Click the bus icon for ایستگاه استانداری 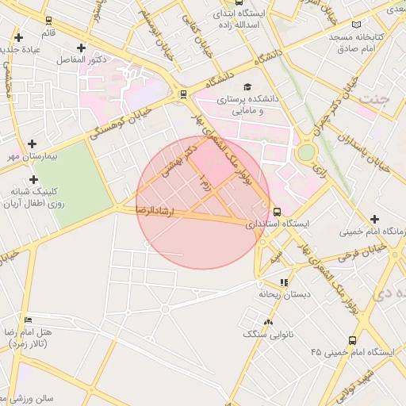[x=277, y=212]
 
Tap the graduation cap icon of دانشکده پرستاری [x=247, y=87]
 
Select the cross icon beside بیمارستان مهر [x=32, y=144]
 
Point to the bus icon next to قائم [x=49, y=21]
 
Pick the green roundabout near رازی [x=306, y=152]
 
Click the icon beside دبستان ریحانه [x=284, y=282]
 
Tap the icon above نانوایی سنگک [x=268, y=322]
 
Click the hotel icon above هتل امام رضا [x=29, y=320]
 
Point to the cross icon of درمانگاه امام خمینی [x=374, y=219]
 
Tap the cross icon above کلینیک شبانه [x=34, y=179]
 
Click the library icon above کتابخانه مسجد [x=355, y=25]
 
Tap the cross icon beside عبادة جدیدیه [x=18, y=37]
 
